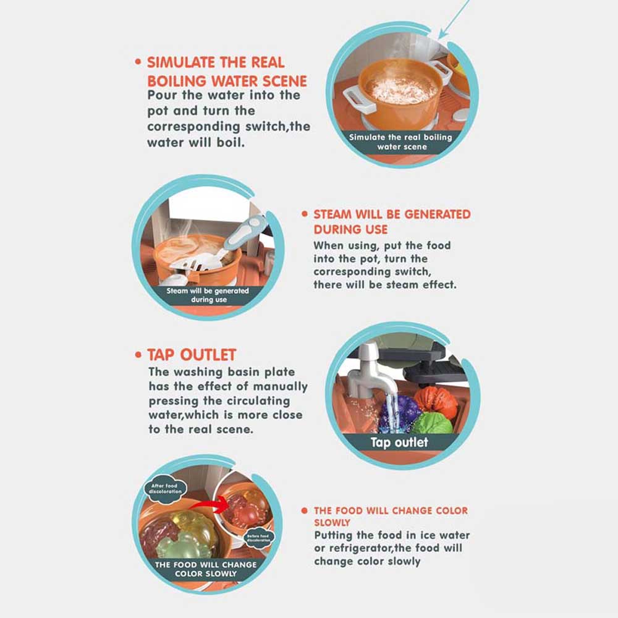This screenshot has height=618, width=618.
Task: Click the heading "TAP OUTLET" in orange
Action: (192, 355)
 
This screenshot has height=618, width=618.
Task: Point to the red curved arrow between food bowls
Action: (209, 504)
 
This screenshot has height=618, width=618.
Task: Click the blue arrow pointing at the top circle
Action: (454, 20)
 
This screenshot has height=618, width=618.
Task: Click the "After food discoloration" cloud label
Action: (165, 489)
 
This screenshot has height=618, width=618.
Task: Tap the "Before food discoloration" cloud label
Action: (258, 538)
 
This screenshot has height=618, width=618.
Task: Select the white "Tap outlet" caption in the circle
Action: (399, 442)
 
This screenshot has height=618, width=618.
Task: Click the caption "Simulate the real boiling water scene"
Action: (401, 142)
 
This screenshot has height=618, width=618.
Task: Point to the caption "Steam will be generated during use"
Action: (208, 295)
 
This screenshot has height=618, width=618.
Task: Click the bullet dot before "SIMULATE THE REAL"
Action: (138, 62)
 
